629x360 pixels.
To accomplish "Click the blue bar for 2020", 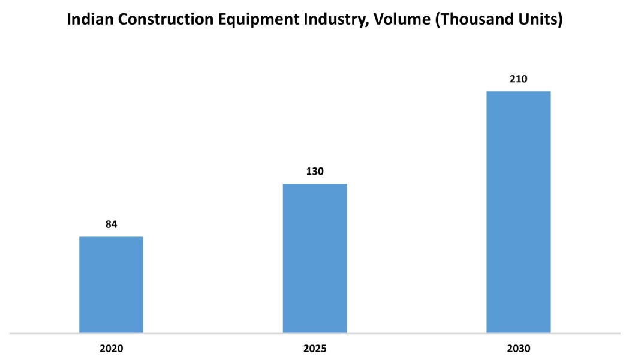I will point(111,284).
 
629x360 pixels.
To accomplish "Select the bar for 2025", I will point(315,258).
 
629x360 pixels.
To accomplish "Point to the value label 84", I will point(111,224).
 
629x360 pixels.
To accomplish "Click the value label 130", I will point(315,172).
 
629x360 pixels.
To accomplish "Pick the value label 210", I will point(518,79).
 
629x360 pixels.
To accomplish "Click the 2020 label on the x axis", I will point(111,348).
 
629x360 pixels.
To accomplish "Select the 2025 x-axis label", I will point(315,348).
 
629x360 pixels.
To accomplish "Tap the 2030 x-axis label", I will point(518,348).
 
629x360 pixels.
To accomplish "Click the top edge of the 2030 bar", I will point(518,92).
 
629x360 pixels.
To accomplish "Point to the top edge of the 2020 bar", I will point(111,237).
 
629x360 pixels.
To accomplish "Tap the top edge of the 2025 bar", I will point(315,184).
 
